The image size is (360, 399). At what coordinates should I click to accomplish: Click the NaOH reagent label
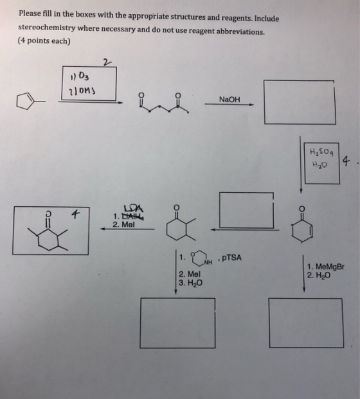coord(230,99)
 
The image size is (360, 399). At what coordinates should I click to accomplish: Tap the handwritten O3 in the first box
coord(84,76)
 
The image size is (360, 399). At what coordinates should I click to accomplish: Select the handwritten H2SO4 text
coord(322,152)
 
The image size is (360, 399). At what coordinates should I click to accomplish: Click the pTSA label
coord(231,258)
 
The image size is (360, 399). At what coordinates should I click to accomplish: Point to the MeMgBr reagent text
coord(330,267)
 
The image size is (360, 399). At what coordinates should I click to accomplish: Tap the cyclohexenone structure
coord(302,225)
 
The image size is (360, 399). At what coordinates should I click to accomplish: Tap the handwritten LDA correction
coord(134,209)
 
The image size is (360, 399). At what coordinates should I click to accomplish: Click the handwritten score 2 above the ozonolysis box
coord(107,62)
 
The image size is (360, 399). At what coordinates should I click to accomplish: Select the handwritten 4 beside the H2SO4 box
coord(346,161)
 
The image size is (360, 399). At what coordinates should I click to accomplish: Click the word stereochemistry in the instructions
coord(46,28)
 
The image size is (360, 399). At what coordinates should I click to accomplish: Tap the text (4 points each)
coord(44,40)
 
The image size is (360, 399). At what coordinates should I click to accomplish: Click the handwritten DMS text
coord(85,91)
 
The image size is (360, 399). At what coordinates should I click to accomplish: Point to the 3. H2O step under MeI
coord(191,283)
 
